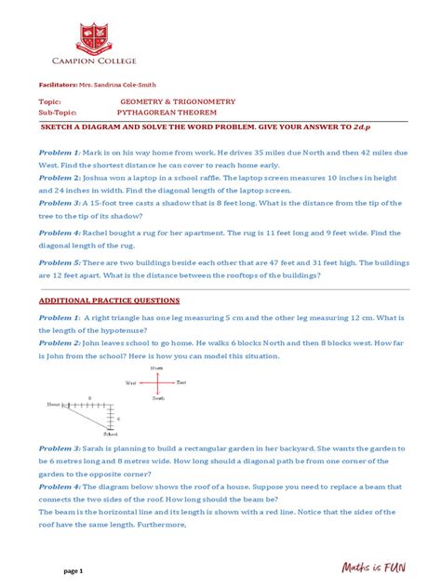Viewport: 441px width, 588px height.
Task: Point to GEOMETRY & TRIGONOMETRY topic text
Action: [x=178, y=100]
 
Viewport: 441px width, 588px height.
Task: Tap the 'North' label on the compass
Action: [x=157, y=368]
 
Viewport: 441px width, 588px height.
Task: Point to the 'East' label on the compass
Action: [x=182, y=382]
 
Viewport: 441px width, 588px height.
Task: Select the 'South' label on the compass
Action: [x=157, y=397]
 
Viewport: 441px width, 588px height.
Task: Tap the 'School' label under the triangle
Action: [x=111, y=434]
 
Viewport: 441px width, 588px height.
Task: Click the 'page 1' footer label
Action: [x=74, y=568]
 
